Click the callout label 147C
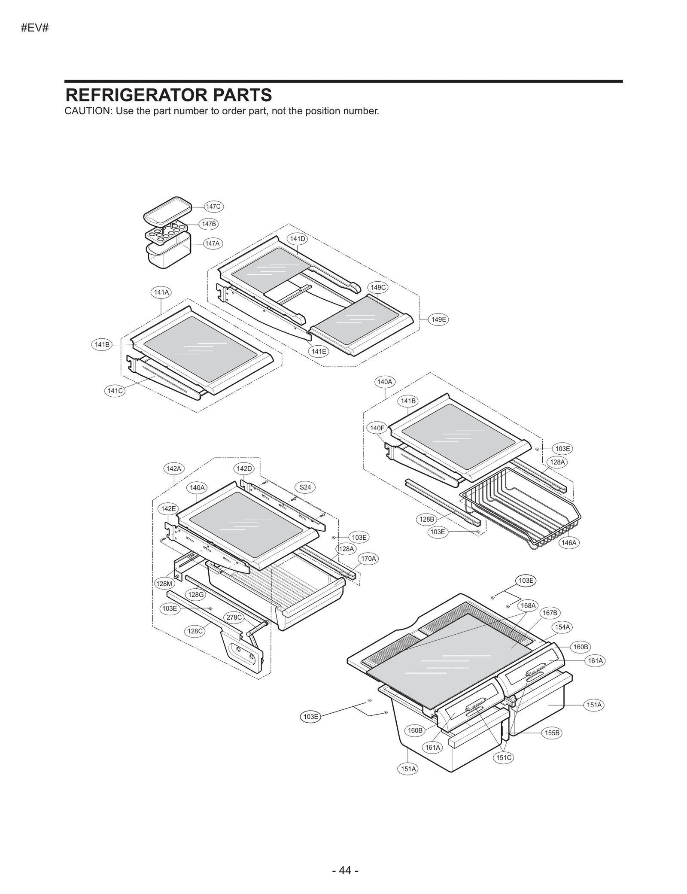tap(213, 207)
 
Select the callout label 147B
tap(209, 224)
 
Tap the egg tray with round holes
tap(166, 233)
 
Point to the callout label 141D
tap(298, 239)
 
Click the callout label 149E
tap(438, 319)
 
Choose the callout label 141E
tap(319, 351)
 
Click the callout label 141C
tap(115, 391)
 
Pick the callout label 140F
tap(377, 428)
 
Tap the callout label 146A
tap(569, 543)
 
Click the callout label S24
tap(305, 487)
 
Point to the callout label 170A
tap(368, 559)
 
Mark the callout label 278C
tap(234, 617)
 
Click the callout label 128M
tap(164, 584)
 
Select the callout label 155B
tap(552, 733)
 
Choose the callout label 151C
tap(504, 757)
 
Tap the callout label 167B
tap(550, 613)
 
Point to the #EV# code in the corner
tap(35, 28)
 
